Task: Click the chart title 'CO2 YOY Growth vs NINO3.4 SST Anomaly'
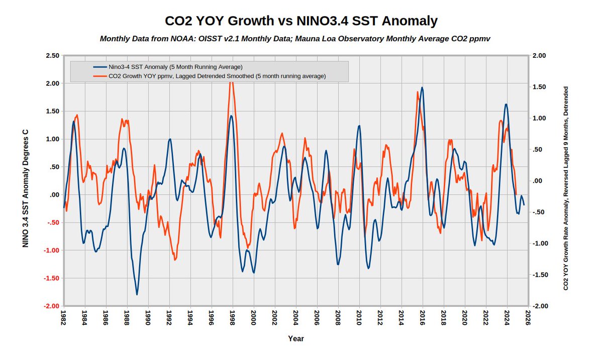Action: (x=301, y=21)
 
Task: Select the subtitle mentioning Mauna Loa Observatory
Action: (x=295, y=39)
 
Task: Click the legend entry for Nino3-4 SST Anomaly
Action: (x=175, y=67)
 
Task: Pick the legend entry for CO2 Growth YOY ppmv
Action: (x=217, y=76)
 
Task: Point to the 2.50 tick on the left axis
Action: (x=52, y=55)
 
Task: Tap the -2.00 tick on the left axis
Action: (x=51, y=306)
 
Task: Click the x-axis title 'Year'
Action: (x=295, y=338)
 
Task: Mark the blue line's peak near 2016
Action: (x=422, y=87)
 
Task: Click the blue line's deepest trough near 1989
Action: (x=137, y=294)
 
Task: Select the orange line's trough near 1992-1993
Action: (x=175, y=260)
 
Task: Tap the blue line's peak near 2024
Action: (x=506, y=104)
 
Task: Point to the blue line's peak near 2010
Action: (x=359, y=126)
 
